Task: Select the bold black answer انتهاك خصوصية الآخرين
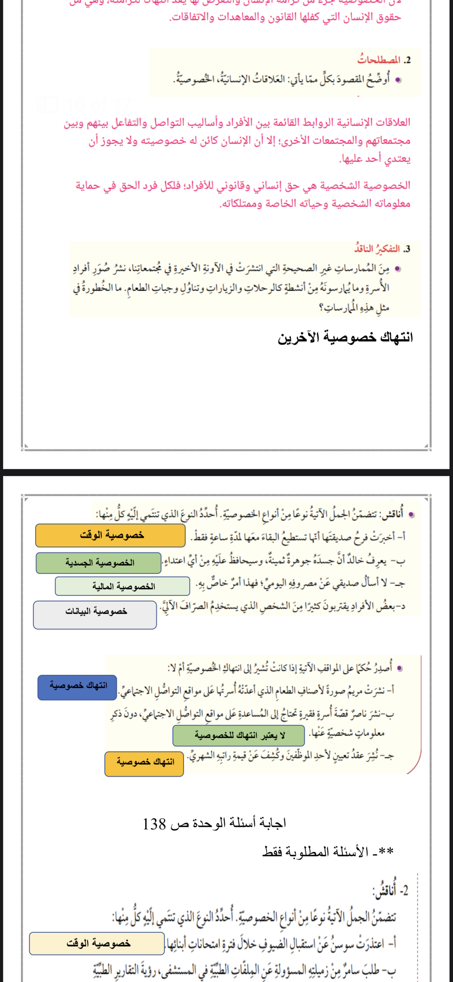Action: [x=345, y=337]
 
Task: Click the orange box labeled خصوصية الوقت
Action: [x=111, y=535]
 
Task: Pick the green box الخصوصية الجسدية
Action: [x=99, y=563]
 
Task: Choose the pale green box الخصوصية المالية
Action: [x=123, y=586]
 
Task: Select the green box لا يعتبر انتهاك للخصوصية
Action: [x=239, y=736]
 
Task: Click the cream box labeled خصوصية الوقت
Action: [x=97, y=943]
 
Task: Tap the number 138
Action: [x=154, y=824]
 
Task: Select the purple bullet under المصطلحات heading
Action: [x=398, y=80]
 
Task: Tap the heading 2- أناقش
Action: [x=390, y=891]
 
